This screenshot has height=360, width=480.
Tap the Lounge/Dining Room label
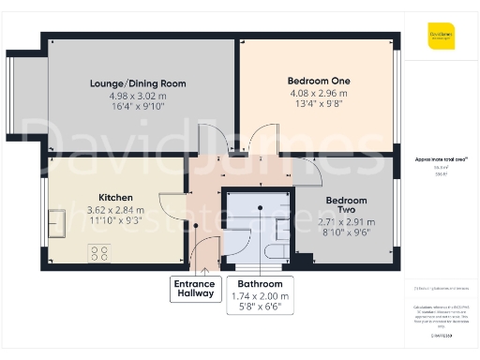pos(138,83)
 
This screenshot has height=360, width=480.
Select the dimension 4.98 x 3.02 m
pos(138,95)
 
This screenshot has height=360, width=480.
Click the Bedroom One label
pos(319,82)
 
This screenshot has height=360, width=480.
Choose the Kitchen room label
pos(115,198)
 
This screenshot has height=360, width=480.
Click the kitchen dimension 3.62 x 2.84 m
pos(115,210)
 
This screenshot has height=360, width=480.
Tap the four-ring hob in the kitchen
pos(98,252)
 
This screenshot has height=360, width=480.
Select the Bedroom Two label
pos(346,206)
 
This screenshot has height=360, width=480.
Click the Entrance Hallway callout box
pos(195,290)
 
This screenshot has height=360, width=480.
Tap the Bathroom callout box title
pos(260,284)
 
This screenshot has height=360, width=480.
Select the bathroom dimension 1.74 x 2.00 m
pos(260,296)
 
